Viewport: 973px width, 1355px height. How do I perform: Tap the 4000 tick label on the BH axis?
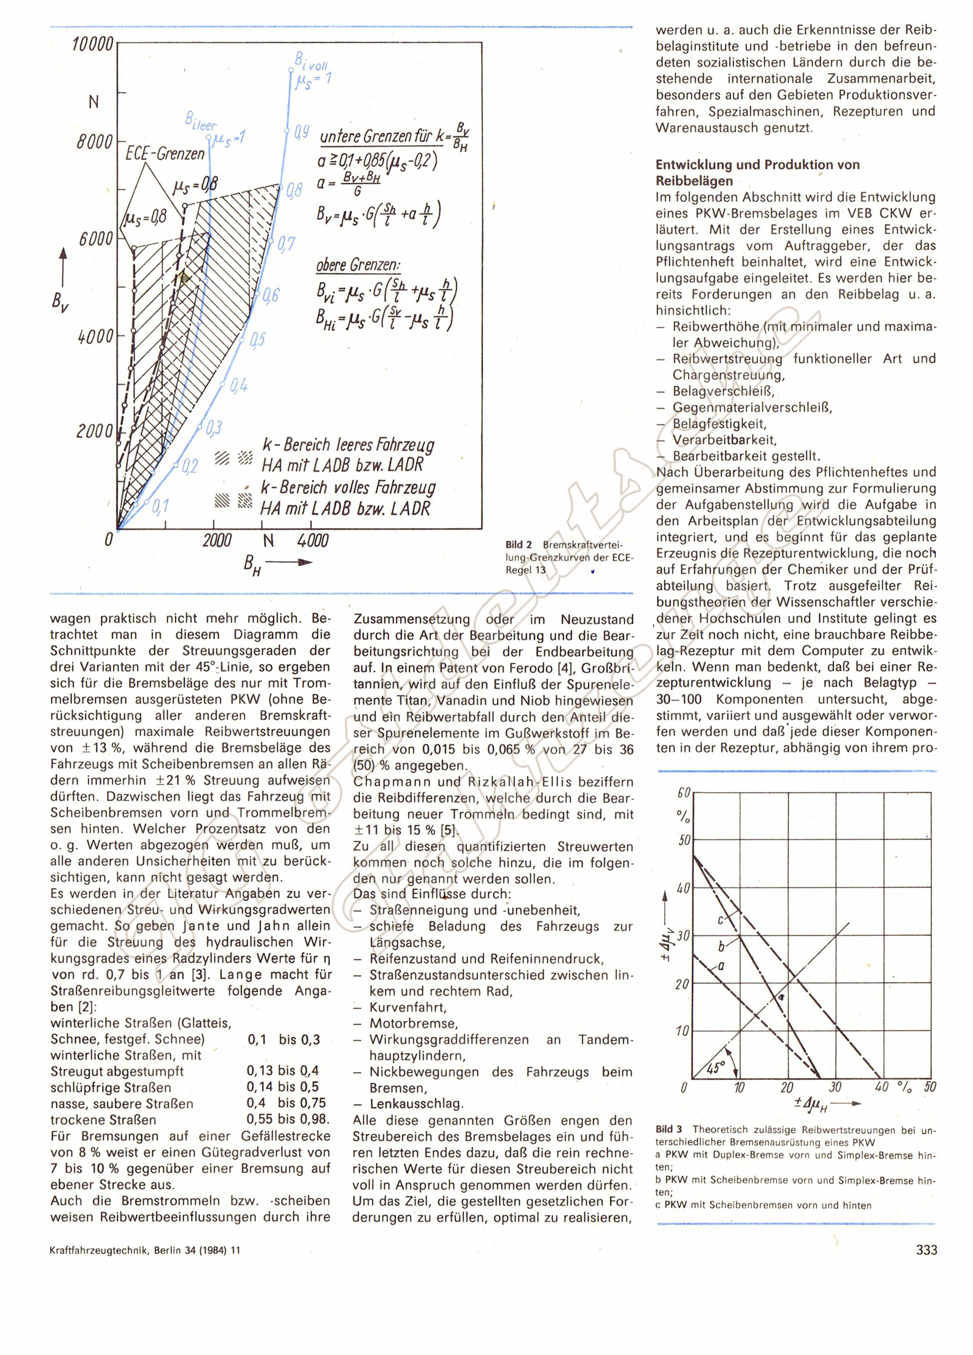[x=313, y=541]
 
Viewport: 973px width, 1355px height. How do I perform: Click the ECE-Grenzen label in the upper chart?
[x=165, y=153]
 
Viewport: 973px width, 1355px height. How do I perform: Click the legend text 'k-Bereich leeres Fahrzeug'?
[x=349, y=445]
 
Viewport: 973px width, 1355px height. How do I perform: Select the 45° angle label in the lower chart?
[x=714, y=1068]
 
